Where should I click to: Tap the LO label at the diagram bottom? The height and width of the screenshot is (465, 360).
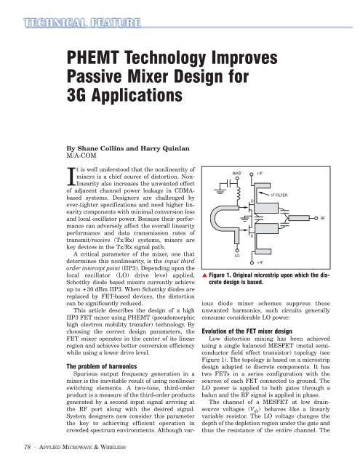click(x=236, y=276)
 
